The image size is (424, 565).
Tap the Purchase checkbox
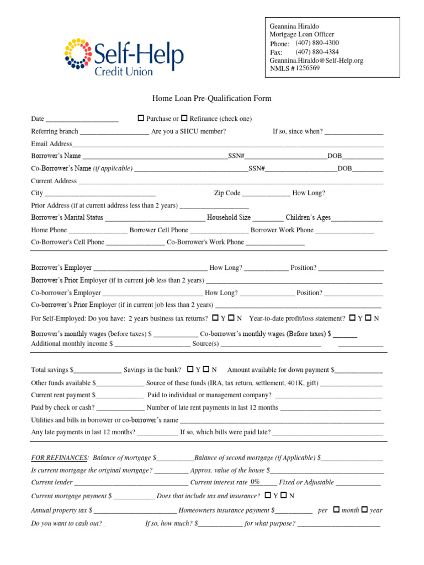tap(141, 118)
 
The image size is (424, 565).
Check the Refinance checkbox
tap(184, 118)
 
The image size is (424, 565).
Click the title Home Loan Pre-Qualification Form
tap(212, 99)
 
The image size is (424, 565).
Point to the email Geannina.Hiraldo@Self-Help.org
tap(316, 61)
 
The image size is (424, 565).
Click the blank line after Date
tap(82, 120)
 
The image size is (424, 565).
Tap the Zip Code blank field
tap(266, 194)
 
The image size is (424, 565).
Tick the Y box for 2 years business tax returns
tap(215, 318)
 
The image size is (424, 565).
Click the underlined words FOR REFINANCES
tap(60, 458)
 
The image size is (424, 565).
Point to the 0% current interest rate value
tap(255, 482)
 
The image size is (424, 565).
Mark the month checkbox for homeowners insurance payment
tap(336, 510)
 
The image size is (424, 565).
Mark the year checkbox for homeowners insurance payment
tap(364, 510)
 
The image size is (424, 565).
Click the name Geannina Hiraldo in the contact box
tap(294, 26)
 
